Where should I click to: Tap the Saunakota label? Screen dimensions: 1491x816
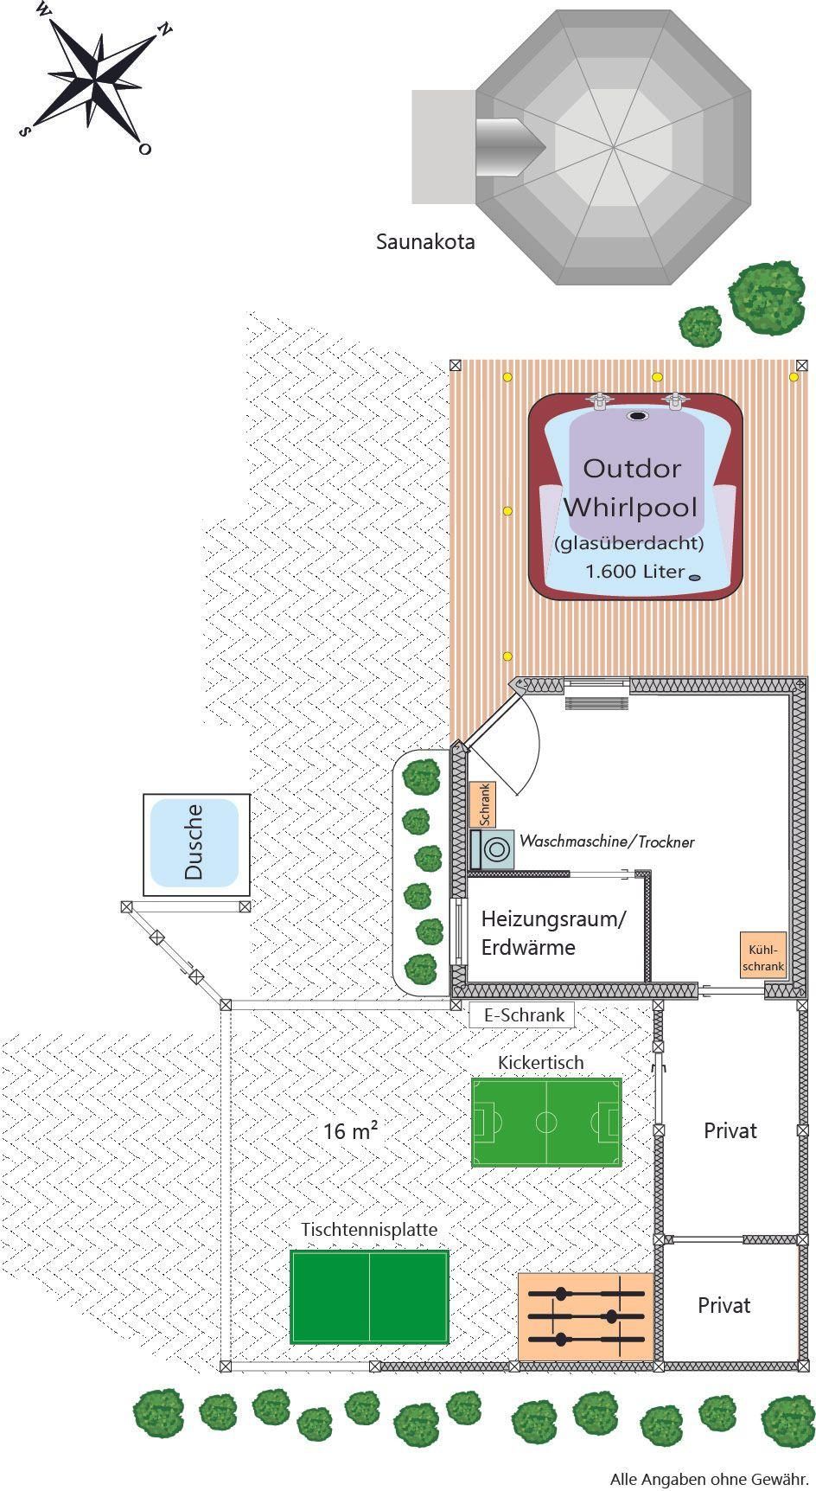pyautogui.click(x=424, y=242)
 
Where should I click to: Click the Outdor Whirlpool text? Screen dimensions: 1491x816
pyautogui.click(x=631, y=487)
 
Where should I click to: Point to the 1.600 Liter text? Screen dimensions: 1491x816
pyautogui.click(x=634, y=572)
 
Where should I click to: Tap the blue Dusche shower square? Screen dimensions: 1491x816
pyautogui.click(x=194, y=842)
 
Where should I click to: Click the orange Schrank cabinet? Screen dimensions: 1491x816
pyautogui.click(x=483, y=804)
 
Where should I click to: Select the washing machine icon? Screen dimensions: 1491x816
pyautogui.click(x=493, y=848)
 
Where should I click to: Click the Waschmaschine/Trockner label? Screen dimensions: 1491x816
pyautogui.click(x=607, y=841)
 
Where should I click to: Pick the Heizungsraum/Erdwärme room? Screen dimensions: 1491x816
pyautogui.click(x=553, y=933)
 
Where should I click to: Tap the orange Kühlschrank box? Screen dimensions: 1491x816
pyautogui.click(x=762, y=956)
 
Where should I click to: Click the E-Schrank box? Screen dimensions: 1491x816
pyautogui.click(x=522, y=1015)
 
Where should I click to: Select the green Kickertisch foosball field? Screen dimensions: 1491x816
pyautogui.click(x=546, y=1122)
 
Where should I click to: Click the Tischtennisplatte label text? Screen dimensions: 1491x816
pyautogui.click(x=369, y=1229)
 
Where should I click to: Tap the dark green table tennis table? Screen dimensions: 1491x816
pyautogui.click(x=369, y=1296)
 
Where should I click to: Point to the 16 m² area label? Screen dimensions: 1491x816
pyautogui.click(x=350, y=1131)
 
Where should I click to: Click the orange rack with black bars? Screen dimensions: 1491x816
pyautogui.click(x=586, y=1316)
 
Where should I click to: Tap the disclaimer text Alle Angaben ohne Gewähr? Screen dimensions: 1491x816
pyautogui.click(x=709, y=1479)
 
